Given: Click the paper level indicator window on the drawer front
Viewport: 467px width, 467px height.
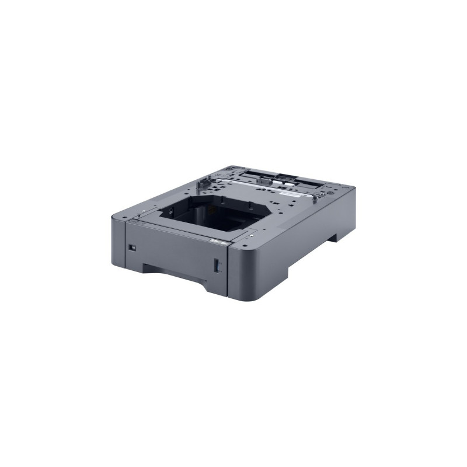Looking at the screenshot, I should [x=218, y=266].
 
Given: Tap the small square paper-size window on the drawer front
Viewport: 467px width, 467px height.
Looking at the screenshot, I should [x=132, y=247].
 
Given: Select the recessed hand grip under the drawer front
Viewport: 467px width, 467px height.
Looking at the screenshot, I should [x=175, y=273].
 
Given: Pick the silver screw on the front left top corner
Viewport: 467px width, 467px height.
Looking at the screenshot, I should [x=144, y=208].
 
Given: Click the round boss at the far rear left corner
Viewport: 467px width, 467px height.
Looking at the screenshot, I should [x=228, y=170].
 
